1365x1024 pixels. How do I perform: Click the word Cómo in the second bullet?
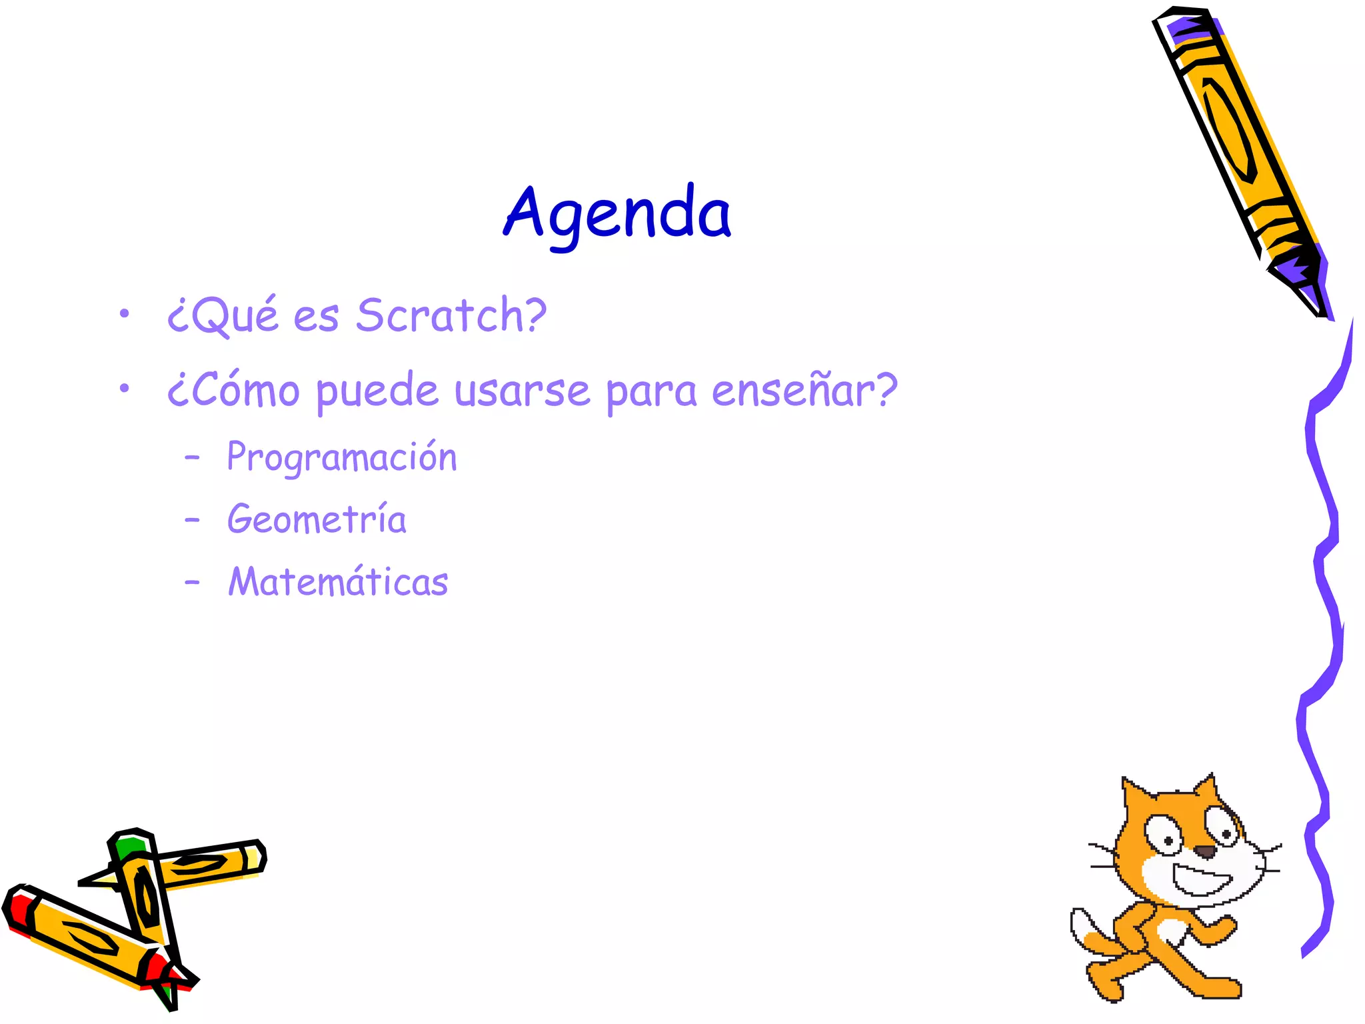click(x=240, y=390)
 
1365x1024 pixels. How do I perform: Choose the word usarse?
click(x=522, y=391)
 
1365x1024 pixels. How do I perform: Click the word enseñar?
click(x=798, y=390)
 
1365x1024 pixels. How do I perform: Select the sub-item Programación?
click(x=342, y=458)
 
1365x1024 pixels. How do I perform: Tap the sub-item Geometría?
click(x=317, y=519)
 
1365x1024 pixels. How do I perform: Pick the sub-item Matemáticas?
click(x=338, y=581)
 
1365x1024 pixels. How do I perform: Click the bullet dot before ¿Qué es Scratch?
click(x=124, y=313)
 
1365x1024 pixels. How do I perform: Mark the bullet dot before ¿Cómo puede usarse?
click(x=124, y=388)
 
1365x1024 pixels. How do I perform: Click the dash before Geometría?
click(x=192, y=519)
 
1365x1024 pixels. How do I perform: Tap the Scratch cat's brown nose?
click(x=1204, y=851)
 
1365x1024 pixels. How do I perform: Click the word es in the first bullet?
click(x=316, y=316)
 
